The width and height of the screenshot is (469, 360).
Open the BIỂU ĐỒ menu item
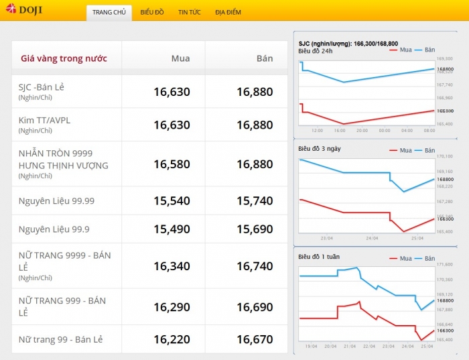click(152, 12)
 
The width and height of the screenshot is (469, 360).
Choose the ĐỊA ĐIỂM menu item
click(228, 12)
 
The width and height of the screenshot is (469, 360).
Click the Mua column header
click(180, 58)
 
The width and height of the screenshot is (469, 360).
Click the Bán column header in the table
click(265, 58)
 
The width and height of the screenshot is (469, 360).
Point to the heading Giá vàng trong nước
click(64, 58)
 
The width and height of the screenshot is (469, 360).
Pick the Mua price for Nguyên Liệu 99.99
click(172, 201)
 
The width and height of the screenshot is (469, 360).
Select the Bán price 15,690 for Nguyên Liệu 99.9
click(255, 229)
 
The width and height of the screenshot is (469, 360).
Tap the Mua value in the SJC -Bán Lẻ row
click(172, 92)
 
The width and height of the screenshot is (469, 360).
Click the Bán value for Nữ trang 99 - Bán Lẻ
click(255, 340)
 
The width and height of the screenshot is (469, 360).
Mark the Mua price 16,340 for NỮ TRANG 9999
click(172, 266)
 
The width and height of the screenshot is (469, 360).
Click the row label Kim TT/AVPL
click(44, 120)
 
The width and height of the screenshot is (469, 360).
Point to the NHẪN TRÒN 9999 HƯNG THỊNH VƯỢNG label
click(63, 160)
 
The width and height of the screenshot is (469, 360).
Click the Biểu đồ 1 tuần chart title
click(320, 257)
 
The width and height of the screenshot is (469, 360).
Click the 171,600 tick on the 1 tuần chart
click(445, 265)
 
